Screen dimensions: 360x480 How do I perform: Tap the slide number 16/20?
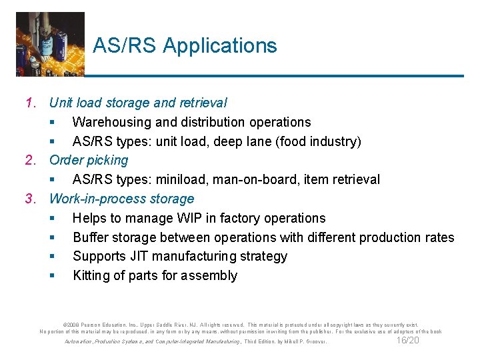click(407, 341)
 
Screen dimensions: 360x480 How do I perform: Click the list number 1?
click(29, 103)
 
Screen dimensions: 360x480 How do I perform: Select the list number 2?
click(29, 160)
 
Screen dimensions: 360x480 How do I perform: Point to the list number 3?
click(29, 199)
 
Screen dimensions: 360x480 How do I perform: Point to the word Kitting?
click(91, 276)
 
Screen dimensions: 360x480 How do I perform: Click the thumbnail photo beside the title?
click(50, 43)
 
